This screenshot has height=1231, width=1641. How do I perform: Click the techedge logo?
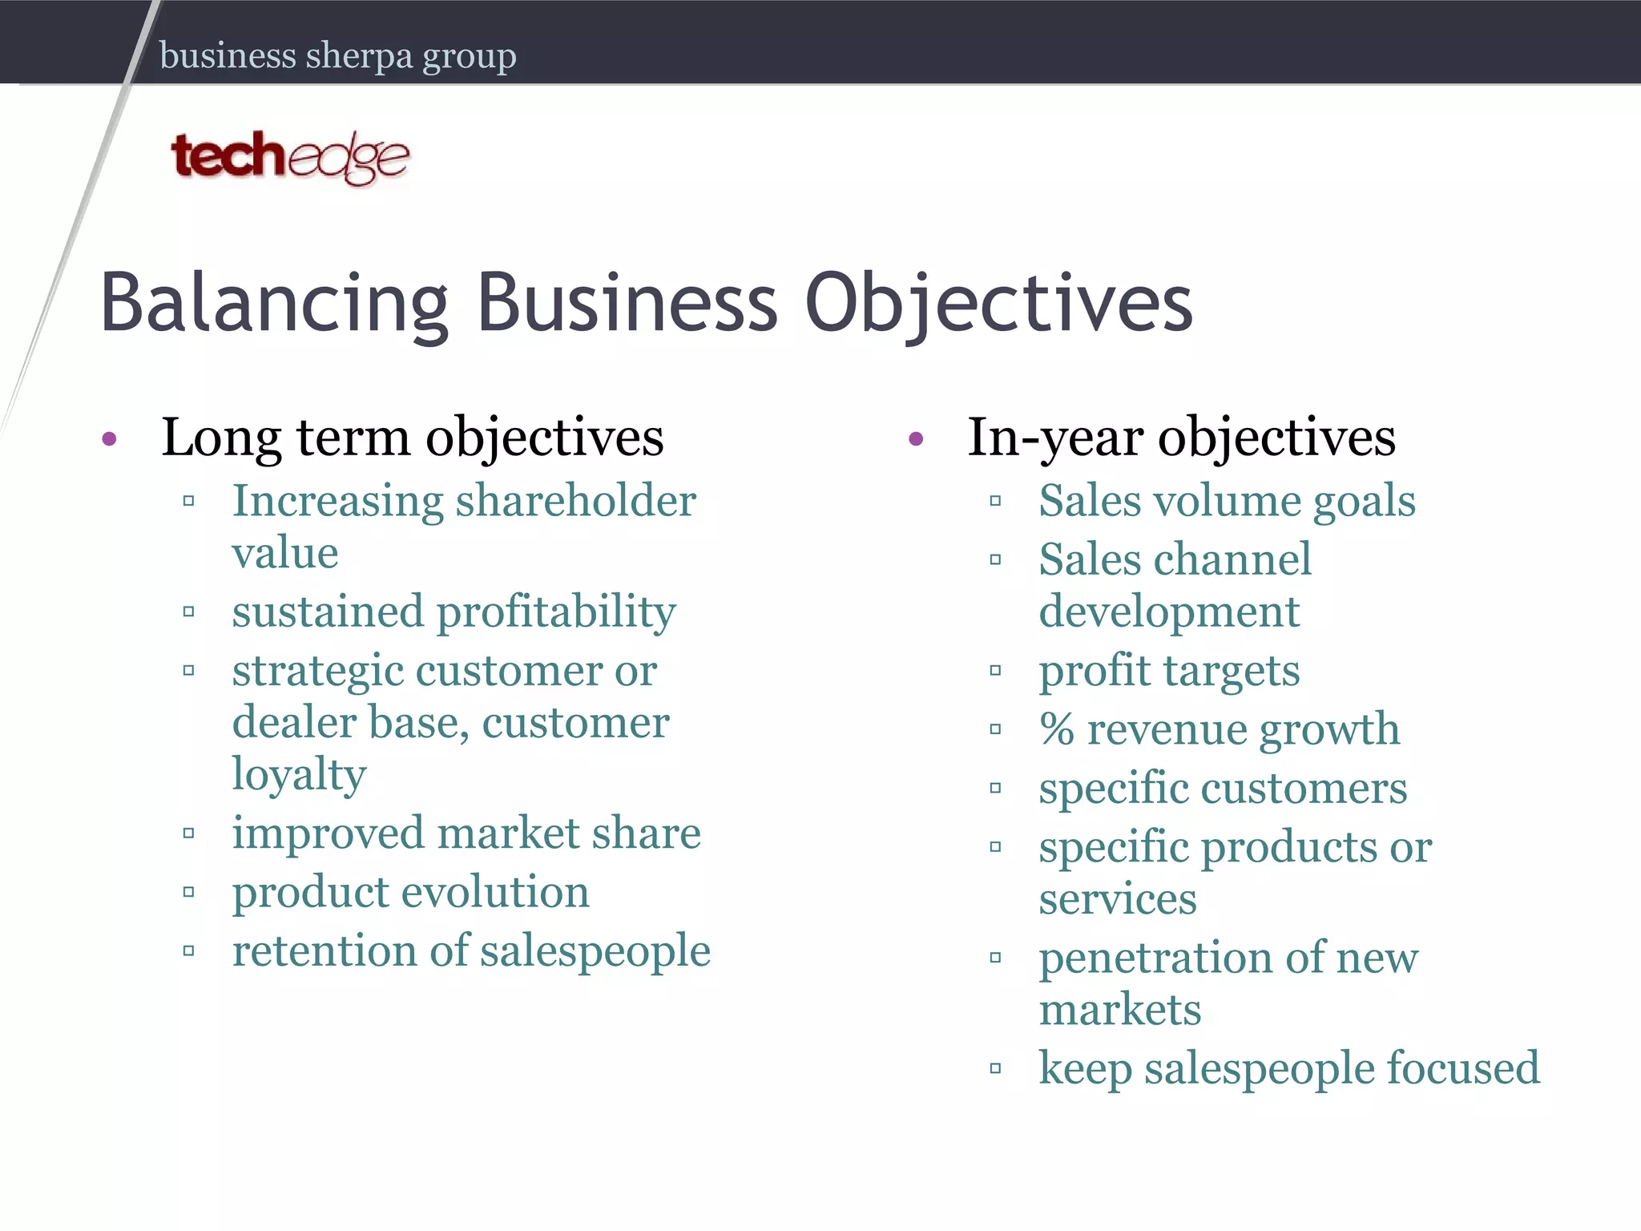pyautogui.click(x=290, y=156)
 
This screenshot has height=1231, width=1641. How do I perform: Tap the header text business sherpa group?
pyautogui.click(x=337, y=56)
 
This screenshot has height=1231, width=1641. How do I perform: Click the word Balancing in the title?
pyautogui.click(x=273, y=303)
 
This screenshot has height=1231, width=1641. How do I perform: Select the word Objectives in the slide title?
pyautogui.click(x=998, y=303)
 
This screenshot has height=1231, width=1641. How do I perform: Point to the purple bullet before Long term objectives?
pyautogui.click(x=110, y=439)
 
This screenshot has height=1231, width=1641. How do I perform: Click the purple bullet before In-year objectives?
pyautogui.click(x=917, y=439)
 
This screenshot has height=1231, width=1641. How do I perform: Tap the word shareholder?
pyautogui.click(x=575, y=502)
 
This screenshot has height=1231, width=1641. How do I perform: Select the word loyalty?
pyautogui.click(x=299, y=775)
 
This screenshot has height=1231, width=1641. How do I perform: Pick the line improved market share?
pyautogui.click(x=466, y=833)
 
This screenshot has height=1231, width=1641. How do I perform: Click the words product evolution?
pyautogui.click(x=410, y=893)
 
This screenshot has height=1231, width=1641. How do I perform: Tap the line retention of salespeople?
pyautogui.click(x=471, y=951)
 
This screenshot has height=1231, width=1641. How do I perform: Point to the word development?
pyautogui.click(x=1168, y=613)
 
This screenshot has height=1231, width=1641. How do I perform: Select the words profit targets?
pyautogui.click(x=1168, y=672)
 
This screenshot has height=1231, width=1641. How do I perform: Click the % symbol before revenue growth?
pyautogui.click(x=1057, y=730)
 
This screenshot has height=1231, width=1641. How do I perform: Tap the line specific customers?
pyautogui.click(x=1223, y=789)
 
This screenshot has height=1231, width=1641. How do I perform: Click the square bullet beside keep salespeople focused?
pyautogui.click(x=995, y=1068)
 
